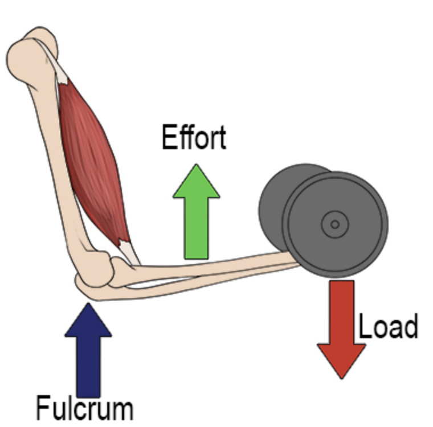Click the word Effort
click(x=194, y=138)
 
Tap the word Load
click(x=389, y=327)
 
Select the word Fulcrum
click(x=85, y=408)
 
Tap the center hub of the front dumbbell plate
click(x=334, y=224)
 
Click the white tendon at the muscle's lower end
click(x=128, y=251)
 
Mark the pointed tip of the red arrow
click(x=341, y=377)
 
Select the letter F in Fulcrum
click(x=42, y=408)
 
